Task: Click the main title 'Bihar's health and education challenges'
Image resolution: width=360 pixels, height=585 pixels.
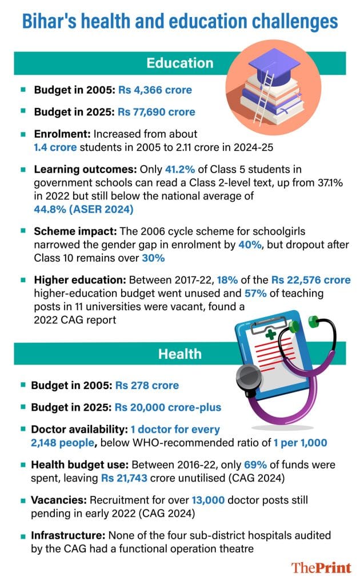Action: point(179,21)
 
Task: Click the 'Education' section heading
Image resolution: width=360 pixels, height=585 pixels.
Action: point(180,62)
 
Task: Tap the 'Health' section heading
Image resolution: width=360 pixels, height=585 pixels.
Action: point(180,354)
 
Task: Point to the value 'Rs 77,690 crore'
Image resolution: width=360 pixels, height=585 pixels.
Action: point(157,112)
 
